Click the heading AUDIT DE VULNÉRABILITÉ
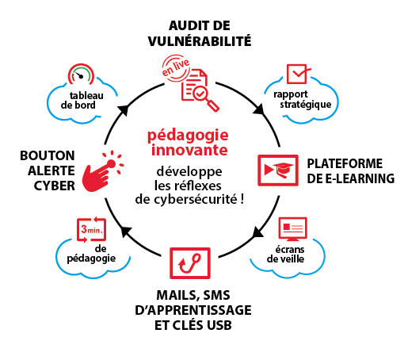pyautogui.click(x=200, y=33)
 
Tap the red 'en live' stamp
pyautogui.click(x=176, y=68)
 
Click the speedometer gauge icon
pyautogui.click(x=81, y=74)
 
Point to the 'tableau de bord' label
pyautogui.click(x=82, y=101)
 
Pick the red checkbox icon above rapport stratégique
pyautogui.click(x=299, y=74)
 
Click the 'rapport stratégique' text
pyautogui.click(x=303, y=100)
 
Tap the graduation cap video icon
pyautogui.click(x=278, y=170)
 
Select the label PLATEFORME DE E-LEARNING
pyautogui.click(x=351, y=171)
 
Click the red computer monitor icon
pyautogui.click(x=292, y=229)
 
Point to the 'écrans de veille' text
pyautogui.click(x=285, y=255)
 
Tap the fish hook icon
pyautogui.click(x=190, y=263)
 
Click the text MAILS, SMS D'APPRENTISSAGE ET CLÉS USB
pyautogui.click(x=193, y=310)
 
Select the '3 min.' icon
pyautogui.click(x=91, y=229)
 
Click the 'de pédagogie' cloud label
pyautogui.click(x=91, y=255)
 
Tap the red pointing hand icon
pyautogui.click(x=102, y=171)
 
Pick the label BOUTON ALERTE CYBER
pyautogui.click(x=48, y=170)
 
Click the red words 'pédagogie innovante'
pyautogui.click(x=188, y=143)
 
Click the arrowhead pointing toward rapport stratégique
pyautogui.click(x=259, y=109)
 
